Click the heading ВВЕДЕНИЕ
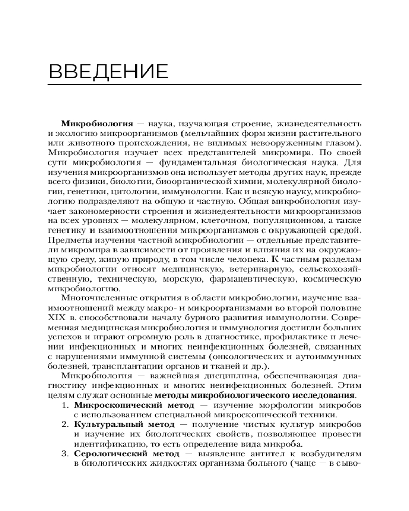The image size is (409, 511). (108, 71)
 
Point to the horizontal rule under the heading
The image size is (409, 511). (204, 84)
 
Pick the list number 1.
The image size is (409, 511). (64, 405)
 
